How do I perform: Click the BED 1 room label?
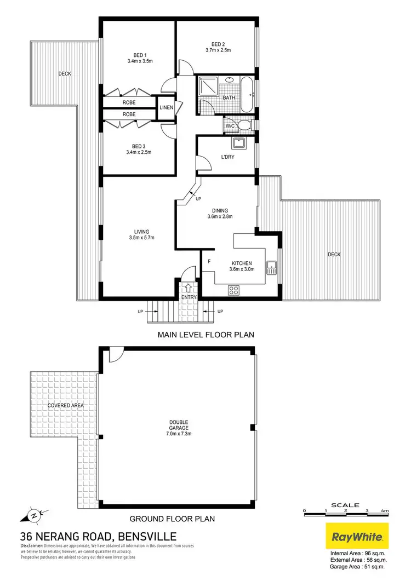click(x=140, y=55)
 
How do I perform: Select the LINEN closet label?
click(x=167, y=107)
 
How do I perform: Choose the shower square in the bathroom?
click(x=207, y=87)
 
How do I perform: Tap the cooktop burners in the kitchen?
click(x=233, y=290)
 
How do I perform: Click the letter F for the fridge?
click(x=209, y=262)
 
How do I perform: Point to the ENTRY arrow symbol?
click(x=189, y=287)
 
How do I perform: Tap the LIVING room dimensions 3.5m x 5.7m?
click(x=142, y=238)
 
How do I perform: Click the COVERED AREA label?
click(x=61, y=405)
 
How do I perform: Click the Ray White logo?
click(x=357, y=536)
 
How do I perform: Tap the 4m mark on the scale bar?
click(x=386, y=510)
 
